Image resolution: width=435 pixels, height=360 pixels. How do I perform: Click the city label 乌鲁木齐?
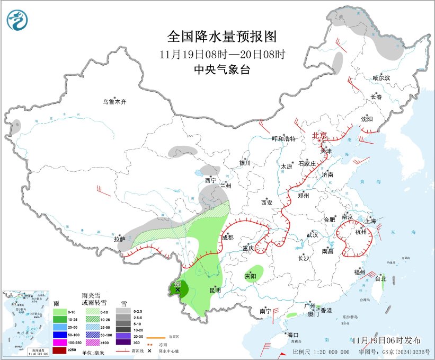[115, 101]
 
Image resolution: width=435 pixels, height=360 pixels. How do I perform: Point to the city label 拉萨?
[119, 239]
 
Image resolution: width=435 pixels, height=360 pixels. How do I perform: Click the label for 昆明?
[215, 290]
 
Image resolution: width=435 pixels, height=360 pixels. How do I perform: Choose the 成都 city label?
[227, 238]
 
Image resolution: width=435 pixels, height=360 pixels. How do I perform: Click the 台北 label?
[380, 278]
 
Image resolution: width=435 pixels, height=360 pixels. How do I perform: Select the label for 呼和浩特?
[283, 139]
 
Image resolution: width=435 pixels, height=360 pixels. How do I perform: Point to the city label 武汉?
[312, 234]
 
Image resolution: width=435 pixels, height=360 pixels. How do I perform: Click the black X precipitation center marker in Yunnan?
[177, 289]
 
